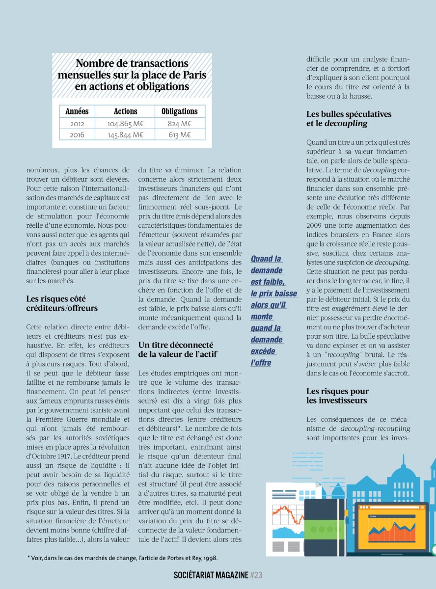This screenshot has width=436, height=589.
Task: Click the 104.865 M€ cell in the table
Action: point(125,123)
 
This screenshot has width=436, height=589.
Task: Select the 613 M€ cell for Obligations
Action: point(179,134)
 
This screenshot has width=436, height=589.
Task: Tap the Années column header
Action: point(77,111)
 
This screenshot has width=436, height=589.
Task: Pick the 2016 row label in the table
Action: point(77,134)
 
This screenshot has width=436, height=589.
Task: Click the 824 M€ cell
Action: point(179,123)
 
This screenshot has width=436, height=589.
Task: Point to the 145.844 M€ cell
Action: point(125,134)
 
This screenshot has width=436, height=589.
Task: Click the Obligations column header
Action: point(179,111)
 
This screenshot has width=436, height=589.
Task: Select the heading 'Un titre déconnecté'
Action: point(176,345)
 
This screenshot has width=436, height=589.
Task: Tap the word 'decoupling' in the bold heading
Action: point(346,123)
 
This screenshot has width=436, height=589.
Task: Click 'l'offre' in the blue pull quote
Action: point(261,363)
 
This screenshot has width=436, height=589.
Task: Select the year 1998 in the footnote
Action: point(209,558)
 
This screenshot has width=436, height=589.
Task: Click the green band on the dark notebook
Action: point(324,529)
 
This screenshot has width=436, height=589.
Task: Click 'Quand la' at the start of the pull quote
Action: point(266,259)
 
